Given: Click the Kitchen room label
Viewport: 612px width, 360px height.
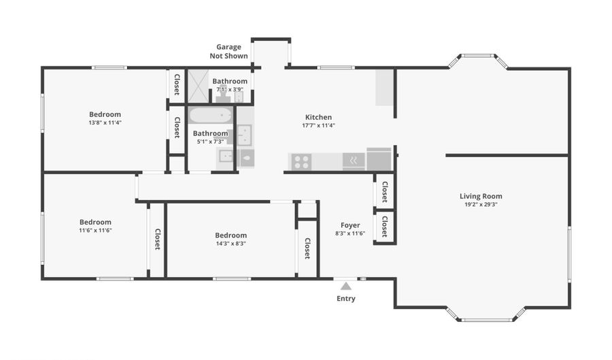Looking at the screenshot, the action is (318, 117).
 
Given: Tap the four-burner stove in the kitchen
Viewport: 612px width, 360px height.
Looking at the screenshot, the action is (301, 162).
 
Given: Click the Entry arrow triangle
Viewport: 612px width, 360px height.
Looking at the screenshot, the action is (346, 287).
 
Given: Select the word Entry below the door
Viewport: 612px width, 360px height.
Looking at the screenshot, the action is (346, 298).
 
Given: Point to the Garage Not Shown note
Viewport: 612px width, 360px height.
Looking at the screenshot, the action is (228, 51).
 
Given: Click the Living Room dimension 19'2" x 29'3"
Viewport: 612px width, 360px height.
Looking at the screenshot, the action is (481, 204).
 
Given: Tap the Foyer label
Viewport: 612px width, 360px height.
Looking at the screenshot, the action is (350, 225).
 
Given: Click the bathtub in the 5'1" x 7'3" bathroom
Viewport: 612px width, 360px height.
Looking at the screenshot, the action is (211, 116).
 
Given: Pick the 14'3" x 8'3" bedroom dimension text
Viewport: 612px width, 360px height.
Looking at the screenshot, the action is (231, 243).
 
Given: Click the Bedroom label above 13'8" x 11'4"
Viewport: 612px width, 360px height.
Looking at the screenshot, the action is (105, 114).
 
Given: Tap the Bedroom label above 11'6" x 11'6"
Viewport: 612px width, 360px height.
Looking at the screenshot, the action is (95, 222).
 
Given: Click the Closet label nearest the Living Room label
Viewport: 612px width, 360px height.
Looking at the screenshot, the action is (385, 191).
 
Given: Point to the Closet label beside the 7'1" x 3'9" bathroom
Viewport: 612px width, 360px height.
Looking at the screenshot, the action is (177, 84).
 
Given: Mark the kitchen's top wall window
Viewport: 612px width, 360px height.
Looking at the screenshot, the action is (336, 67).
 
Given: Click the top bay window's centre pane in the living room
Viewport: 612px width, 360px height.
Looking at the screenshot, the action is (478, 55).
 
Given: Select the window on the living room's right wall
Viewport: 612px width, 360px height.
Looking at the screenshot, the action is (569, 254).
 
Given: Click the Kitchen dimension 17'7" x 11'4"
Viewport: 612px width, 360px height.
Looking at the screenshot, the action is (318, 125).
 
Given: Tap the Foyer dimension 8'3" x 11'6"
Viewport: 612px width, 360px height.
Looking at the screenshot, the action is (350, 233).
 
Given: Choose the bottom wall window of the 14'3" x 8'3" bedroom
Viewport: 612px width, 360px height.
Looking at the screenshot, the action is (232, 279).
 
